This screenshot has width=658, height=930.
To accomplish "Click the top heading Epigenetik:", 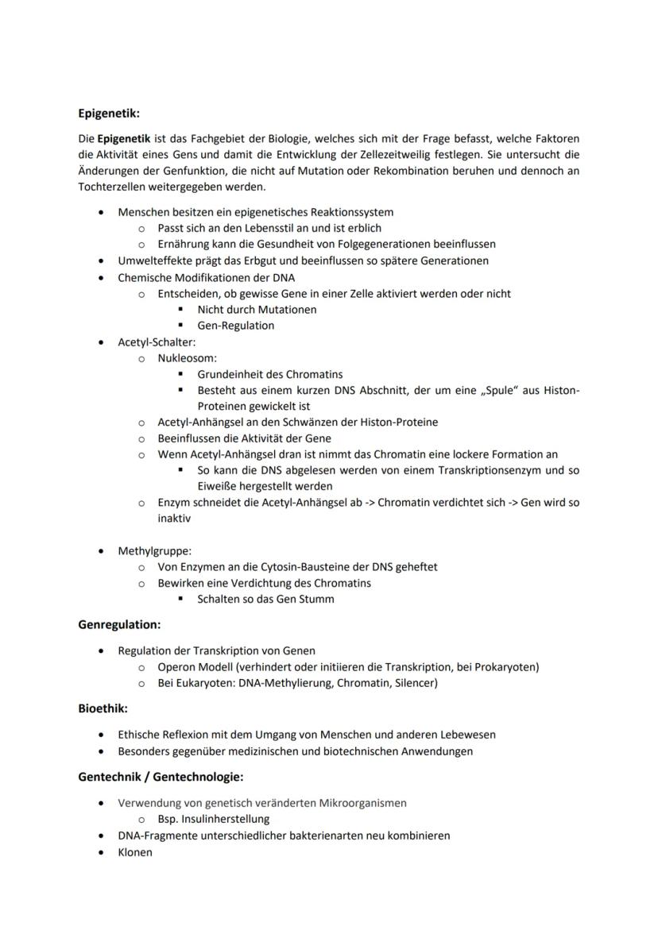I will click(109, 114).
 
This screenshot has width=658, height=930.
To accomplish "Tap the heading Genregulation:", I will click(119, 625).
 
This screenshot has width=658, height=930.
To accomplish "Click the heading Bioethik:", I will click(103, 708).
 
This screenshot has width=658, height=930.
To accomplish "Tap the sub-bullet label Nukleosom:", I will click(188, 358).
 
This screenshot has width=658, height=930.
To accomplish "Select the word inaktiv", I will click(174, 519).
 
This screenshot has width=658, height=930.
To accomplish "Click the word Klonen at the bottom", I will click(135, 852).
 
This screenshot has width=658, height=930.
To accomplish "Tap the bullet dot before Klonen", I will click(100, 852).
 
